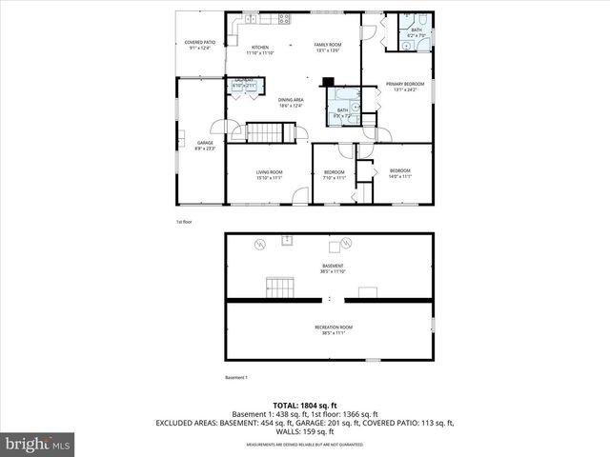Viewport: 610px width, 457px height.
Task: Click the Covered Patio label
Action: click(x=199, y=45)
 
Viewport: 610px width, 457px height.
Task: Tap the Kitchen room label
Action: click(x=260, y=50)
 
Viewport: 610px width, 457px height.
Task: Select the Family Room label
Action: click(x=328, y=48)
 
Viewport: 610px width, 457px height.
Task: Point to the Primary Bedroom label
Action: click(x=405, y=88)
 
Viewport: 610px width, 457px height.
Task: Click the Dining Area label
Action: click(x=291, y=102)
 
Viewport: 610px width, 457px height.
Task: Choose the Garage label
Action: click(x=205, y=145)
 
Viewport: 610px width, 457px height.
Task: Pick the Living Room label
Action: click(x=269, y=174)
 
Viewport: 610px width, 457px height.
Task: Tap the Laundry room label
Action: click(x=243, y=82)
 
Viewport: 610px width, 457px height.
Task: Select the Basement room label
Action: click(x=333, y=268)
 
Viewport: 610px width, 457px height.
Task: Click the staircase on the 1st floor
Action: click(x=261, y=132)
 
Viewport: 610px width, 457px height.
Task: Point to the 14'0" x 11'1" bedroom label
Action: click(x=399, y=174)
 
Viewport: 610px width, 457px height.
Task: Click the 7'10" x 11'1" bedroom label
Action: click(x=333, y=174)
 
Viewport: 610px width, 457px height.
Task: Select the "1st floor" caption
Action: click(x=184, y=222)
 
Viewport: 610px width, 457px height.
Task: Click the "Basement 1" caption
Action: click(x=235, y=378)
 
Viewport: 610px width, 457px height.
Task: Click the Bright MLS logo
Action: click(x=38, y=444)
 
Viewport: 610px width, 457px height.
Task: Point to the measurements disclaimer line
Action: click(x=305, y=445)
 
